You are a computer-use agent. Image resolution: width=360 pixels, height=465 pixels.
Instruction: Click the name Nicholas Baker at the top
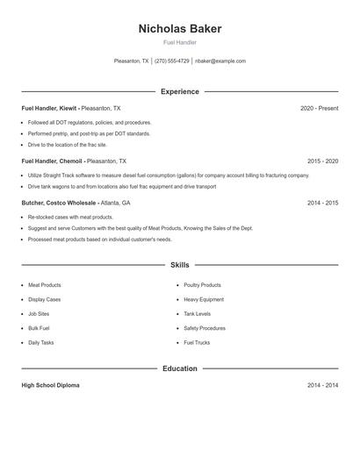(x=180, y=29)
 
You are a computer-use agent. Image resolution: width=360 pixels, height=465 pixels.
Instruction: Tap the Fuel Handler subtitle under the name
(x=180, y=42)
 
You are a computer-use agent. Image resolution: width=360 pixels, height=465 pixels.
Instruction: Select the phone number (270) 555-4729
(x=172, y=61)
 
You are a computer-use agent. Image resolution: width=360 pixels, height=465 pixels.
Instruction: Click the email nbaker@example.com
(x=220, y=61)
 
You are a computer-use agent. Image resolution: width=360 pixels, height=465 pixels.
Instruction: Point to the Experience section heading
(x=180, y=91)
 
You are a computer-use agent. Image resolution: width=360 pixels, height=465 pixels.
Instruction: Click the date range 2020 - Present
(x=319, y=108)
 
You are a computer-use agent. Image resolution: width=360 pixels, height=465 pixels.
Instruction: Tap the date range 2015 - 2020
(x=322, y=161)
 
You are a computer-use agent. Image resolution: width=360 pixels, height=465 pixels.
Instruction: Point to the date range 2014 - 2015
(x=322, y=203)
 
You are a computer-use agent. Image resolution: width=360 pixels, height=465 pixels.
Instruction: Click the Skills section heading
(x=180, y=264)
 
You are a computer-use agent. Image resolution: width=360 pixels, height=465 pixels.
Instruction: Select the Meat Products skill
(x=45, y=285)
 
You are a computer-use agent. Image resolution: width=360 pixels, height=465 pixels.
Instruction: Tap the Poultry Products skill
(x=202, y=285)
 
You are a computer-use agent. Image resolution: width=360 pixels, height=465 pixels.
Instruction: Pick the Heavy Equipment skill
(x=204, y=299)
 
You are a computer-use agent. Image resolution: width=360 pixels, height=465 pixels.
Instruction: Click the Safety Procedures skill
(x=205, y=328)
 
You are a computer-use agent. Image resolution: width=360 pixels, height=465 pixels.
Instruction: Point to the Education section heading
(x=180, y=368)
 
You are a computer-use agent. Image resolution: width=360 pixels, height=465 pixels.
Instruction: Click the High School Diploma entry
(x=50, y=385)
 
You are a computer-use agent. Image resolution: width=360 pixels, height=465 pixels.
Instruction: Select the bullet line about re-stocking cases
(x=71, y=217)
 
